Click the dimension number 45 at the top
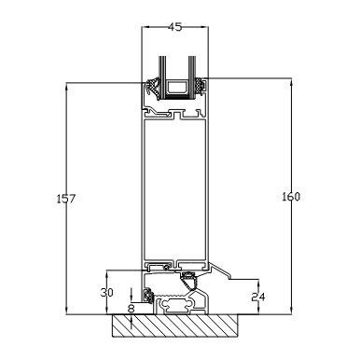coord(174,27)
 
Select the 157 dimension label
coord(65,199)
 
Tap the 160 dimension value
coord(291,197)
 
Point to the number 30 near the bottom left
coord(107,293)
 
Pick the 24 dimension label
coord(258,298)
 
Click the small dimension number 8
coord(132,309)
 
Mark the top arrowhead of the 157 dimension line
coord(67,88)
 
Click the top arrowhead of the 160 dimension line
coord(291,83)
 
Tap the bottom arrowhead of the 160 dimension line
coord(291,310)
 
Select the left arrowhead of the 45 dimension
coord(146,27)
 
